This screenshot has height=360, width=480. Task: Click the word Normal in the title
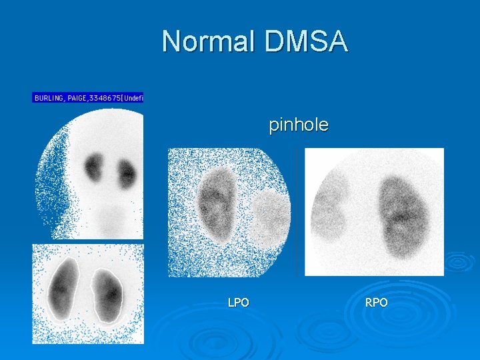pyautogui.click(x=208, y=41)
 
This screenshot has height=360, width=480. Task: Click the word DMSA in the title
pyautogui.click(x=306, y=41)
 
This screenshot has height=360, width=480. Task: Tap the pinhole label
pyautogui.click(x=298, y=125)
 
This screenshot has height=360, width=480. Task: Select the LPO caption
pyautogui.click(x=238, y=303)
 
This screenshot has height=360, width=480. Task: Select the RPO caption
pyautogui.click(x=376, y=303)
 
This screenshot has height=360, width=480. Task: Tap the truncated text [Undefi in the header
pyautogui.click(x=131, y=98)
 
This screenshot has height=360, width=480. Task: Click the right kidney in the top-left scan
pyautogui.click(x=126, y=173)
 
